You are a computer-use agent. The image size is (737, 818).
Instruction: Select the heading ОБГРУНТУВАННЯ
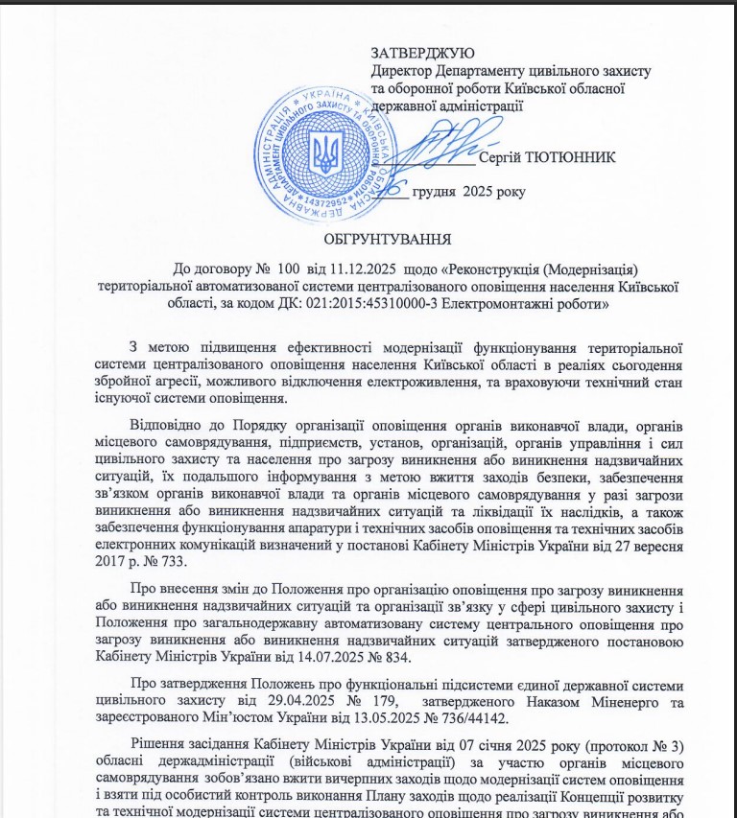point(388,237)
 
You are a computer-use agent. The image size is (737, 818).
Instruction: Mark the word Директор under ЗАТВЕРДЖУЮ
point(403,71)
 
